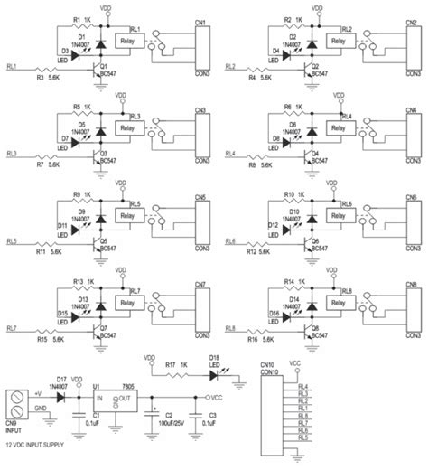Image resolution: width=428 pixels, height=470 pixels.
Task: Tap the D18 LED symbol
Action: pos(215,371)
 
